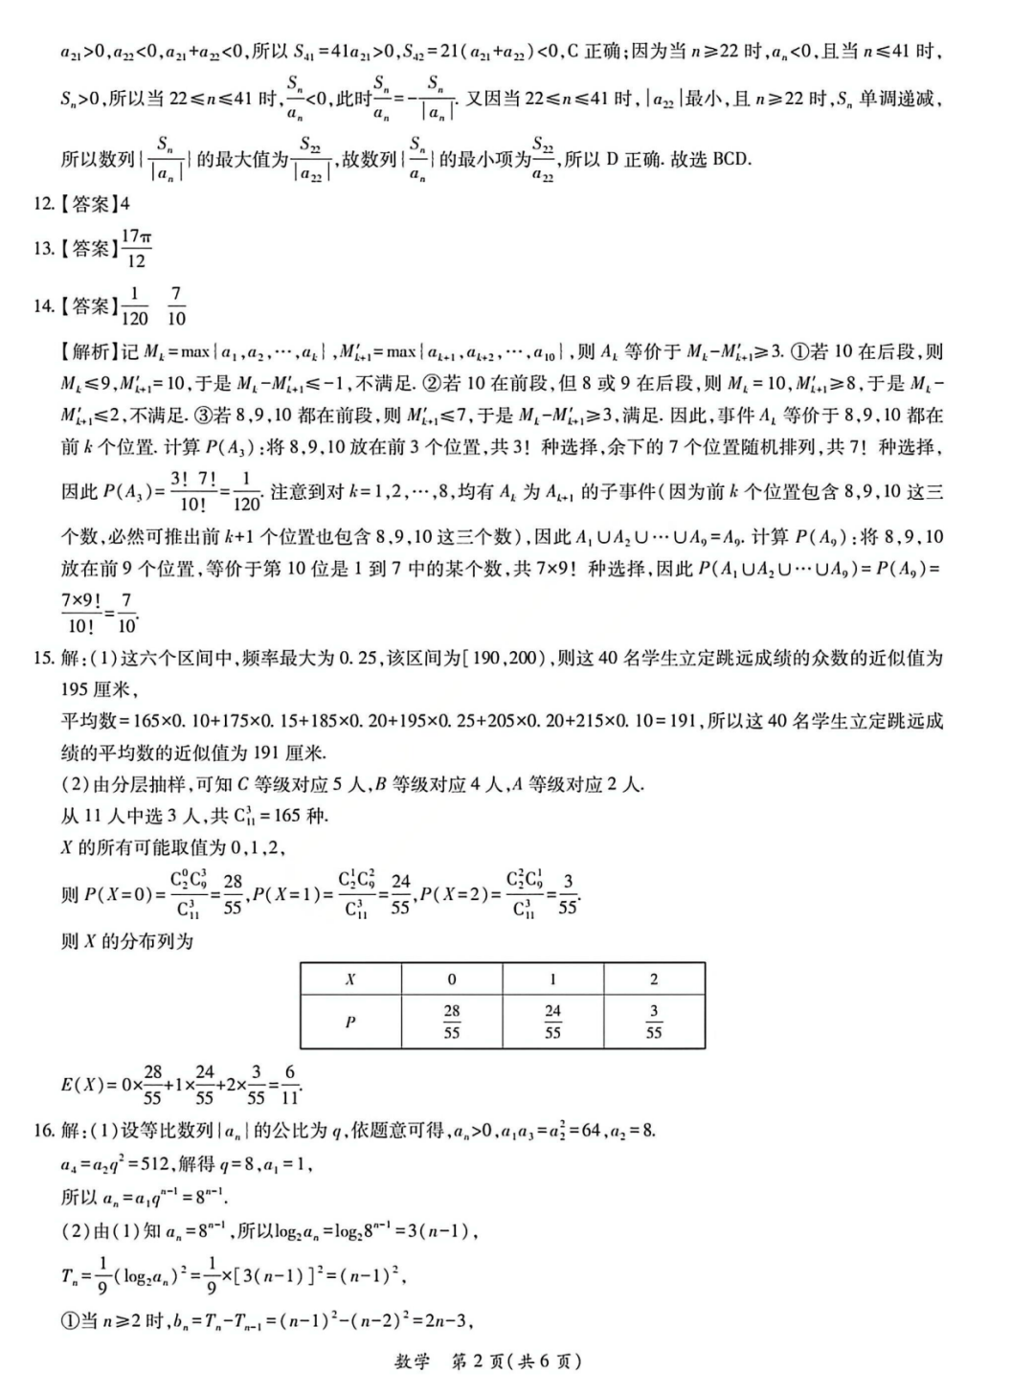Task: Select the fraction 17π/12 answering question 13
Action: pos(136,248)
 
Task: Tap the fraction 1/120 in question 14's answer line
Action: pos(134,305)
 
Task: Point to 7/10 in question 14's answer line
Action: pos(176,305)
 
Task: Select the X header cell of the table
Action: pos(350,979)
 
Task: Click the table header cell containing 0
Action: pos(452,979)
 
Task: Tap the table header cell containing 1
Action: pos(552,979)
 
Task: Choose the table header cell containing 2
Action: pos(654,979)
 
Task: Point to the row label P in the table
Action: pos(350,1022)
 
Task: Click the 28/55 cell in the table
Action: pos(452,1022)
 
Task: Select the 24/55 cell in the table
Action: pos(552,1022)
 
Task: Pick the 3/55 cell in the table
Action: pos(654,1022)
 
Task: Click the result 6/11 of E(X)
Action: pos(289,1085)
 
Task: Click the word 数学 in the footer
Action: pos(413,1361)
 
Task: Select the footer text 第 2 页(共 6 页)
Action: pos(516,1361)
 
